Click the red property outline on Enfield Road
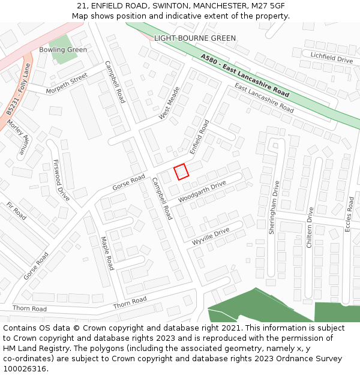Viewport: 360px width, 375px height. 181,172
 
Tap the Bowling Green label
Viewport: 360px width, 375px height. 63,50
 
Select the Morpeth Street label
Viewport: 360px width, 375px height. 68,83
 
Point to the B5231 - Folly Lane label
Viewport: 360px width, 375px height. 18,90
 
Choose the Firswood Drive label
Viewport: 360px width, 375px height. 61,179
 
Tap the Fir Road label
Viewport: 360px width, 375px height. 16,211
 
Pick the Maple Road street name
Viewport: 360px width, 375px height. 107,253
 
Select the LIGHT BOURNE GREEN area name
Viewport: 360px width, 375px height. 195,38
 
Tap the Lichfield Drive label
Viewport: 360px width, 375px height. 331,58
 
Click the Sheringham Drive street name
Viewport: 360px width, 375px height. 274,207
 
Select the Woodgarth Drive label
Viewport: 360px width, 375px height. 202,191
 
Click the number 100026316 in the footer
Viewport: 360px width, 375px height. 25,368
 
